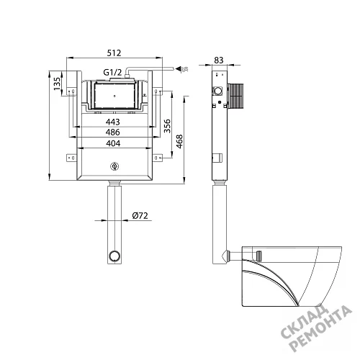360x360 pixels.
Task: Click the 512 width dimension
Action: (x=114, y=53)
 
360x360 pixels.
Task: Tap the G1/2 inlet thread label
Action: (x=112, y=72)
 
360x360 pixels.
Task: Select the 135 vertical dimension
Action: (x=57, y=84)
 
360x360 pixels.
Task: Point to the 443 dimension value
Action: (x=113, y=122)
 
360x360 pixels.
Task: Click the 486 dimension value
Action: (x=113, y=132)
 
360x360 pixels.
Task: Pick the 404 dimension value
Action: (x=113, y=143)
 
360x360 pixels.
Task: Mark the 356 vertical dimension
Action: (x=167, y=126)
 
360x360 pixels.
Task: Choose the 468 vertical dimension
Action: (x=179, y=141)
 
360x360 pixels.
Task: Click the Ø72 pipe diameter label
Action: (x=140, y=216)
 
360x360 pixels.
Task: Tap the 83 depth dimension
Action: (x=219, y=60)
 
